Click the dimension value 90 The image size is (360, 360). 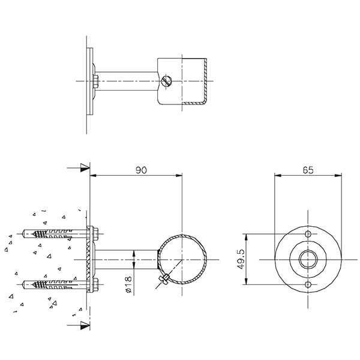(x=141, y=170)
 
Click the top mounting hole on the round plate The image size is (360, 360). (x=308, y=233)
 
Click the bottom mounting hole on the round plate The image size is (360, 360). (x=308, y=284)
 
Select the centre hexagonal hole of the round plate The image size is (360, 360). (x=308, y=259)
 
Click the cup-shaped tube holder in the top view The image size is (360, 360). (x=183, y=81)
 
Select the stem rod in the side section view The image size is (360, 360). (x=126, y=259)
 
